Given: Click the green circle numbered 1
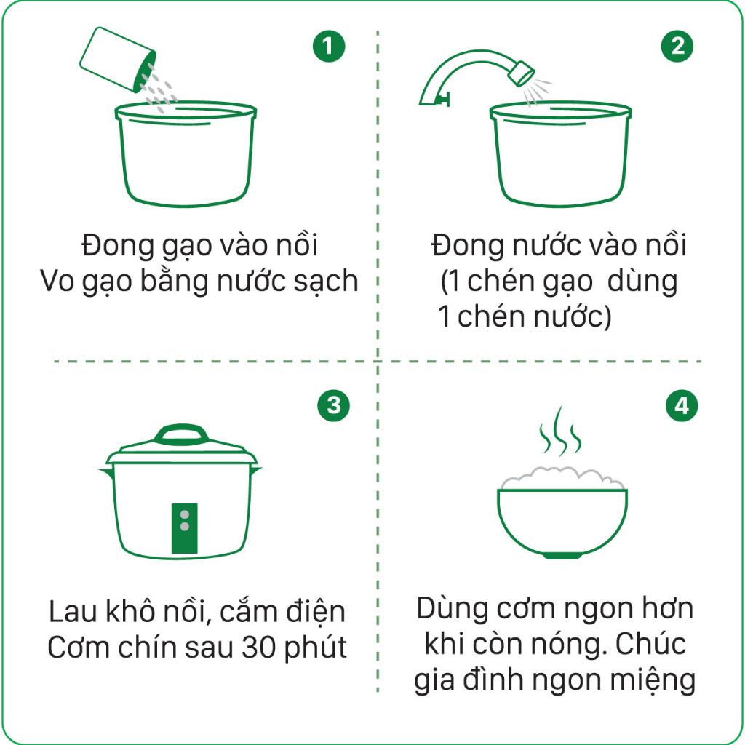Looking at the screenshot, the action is tap(328, 46).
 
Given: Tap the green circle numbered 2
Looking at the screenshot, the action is tap(677, 46).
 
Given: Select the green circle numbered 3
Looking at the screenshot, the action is tap(333, 405).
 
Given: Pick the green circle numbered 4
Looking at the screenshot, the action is tap(682, 405).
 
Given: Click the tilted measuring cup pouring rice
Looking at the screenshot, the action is tap(117, 60).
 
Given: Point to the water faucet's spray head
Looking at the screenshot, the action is tap(521, 73).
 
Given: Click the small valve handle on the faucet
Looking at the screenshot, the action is tap(443, 99).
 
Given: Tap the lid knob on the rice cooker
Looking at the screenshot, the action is tap(180, 434).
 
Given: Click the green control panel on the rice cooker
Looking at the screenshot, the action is tap(184, 528).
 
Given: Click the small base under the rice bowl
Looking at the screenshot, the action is tap(562, 555).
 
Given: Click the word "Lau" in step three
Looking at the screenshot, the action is tap(73, 611).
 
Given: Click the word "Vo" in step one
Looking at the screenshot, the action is tap(57, 281).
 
